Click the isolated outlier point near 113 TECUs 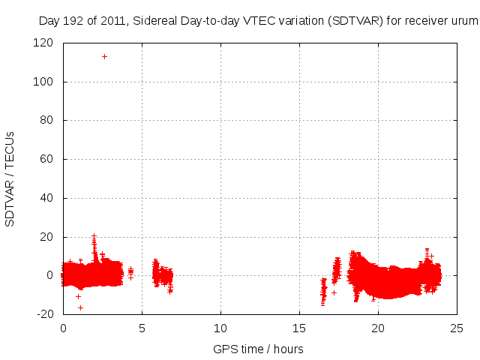104,56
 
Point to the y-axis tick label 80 46,120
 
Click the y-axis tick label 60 46,159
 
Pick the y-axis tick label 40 46,198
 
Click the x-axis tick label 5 142,328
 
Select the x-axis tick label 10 220,328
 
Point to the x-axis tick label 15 300,328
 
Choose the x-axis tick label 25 457,328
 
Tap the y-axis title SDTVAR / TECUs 10,178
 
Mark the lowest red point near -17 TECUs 80,307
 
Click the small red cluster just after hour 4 130,271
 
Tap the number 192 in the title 73,21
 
